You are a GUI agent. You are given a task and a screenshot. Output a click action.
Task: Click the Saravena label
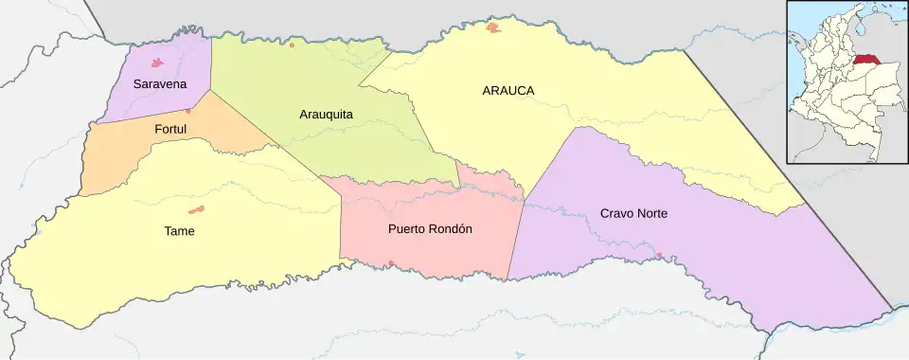(159, 84)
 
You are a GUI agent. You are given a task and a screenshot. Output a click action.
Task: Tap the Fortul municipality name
(170, 128)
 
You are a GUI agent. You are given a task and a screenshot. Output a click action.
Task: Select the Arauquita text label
(326, 115)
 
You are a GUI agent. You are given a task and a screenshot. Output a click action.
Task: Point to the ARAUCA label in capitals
(508, 90)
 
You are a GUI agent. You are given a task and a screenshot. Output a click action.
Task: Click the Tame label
(179, 230)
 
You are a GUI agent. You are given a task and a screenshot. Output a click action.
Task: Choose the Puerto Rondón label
(430, 229)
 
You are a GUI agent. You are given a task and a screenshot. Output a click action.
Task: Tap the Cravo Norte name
(633, 213)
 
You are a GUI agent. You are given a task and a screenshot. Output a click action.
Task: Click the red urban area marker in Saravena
(158, 64)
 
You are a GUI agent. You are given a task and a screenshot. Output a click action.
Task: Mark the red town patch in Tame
(197, 209)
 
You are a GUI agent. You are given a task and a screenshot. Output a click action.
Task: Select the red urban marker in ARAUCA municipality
(492, 28)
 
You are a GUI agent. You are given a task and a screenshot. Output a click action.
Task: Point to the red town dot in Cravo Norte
(659, 256)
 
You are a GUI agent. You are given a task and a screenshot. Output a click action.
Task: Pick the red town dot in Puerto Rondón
(391, 263)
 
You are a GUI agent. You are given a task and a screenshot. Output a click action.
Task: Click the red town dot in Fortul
(188, 111)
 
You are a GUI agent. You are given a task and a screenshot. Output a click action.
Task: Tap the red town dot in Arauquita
(292, 45)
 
